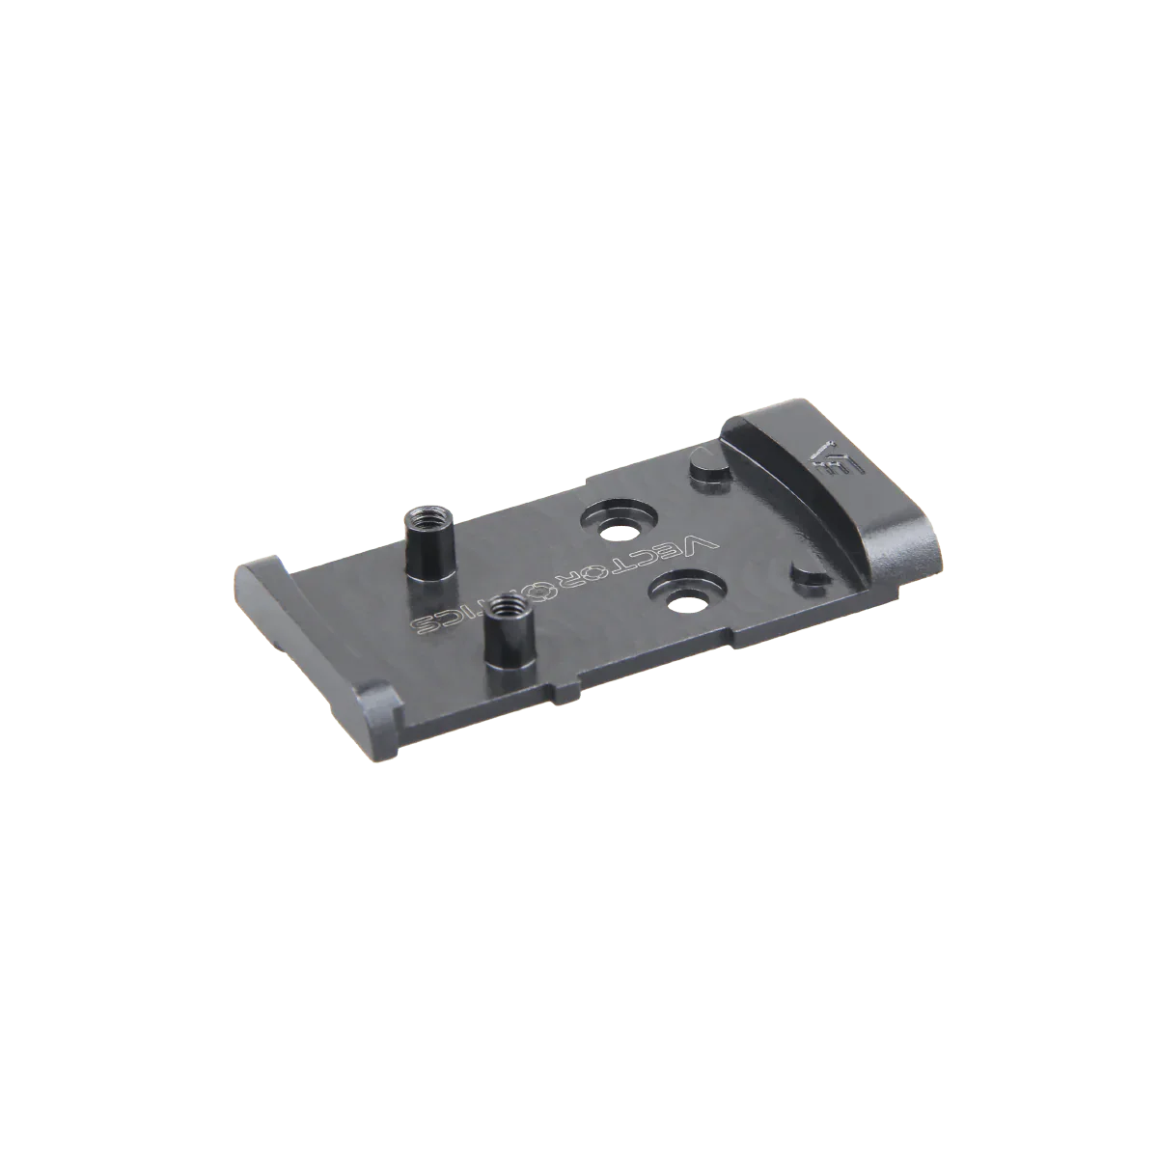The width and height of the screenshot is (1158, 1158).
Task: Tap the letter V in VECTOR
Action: (704, 543)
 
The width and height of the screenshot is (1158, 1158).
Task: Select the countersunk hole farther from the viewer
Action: (615, 528)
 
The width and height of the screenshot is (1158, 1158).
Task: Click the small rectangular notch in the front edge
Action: (567, 691)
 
